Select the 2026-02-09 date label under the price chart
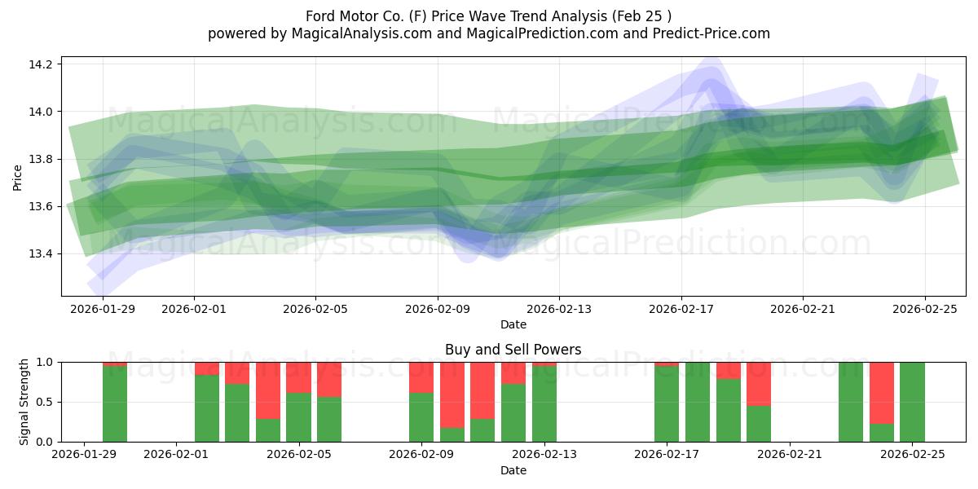coord(438,309)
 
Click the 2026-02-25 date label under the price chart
coord(924,309)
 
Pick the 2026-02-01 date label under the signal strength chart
coord(176,455)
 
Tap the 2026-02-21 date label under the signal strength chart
coord(790,455)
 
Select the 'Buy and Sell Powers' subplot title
coord(513,350)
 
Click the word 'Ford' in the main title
coord(323,16)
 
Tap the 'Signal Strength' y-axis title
coord(24,402)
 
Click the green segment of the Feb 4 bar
coord(268,430)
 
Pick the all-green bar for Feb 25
coord(912,402)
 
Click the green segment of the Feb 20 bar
coord(759,424)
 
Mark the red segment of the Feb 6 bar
coord(329,379)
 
